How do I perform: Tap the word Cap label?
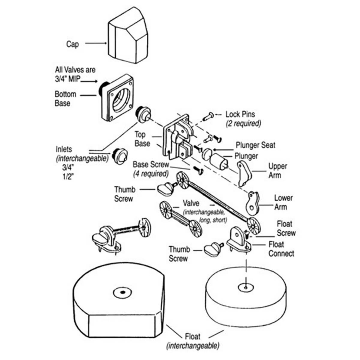pyautogui.click(x=73, y=44)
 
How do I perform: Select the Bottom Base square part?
pyautogui.click(x=117, y=97)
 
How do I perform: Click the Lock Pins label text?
pyautogui.click(x=240, y=114)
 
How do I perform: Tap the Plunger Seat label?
pyautogui.click(x=255, y=145)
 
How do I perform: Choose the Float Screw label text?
pyautogui.click(x=286, y=228)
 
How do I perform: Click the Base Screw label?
pyautogui.click(x=151, y=165)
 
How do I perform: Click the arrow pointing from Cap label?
pyautogui.click(x=96, y=43)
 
